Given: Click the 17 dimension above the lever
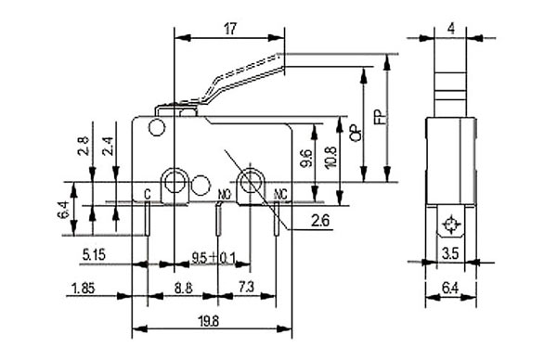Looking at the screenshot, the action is point(230,29).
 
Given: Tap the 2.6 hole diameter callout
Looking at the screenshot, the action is point(320,221).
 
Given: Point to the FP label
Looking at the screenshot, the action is point(381,116).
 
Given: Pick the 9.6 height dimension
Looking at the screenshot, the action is point(305,158).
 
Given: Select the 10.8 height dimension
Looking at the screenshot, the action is point(330,158).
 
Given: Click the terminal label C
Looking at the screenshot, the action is point(147,194).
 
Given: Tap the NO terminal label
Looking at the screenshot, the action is point(224,194).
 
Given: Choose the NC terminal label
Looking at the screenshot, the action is point(280,194).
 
